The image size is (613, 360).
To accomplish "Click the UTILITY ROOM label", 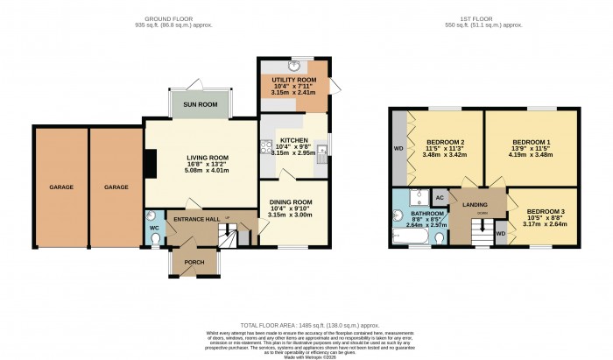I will [294, 80].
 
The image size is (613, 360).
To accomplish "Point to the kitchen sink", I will [322, 148].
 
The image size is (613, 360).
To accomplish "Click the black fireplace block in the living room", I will [150, 163].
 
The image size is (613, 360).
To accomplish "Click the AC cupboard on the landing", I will [440, 198].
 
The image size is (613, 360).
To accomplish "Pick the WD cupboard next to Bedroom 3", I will [500, 234].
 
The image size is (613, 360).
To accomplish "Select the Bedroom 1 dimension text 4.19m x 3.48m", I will [532, 155].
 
